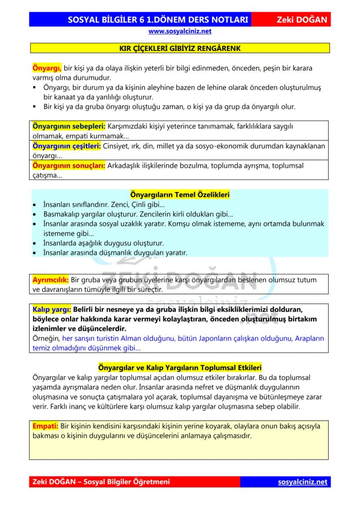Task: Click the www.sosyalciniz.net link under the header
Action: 180,31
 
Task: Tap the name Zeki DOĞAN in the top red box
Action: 301,20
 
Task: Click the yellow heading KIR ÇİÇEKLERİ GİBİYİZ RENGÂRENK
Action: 180,48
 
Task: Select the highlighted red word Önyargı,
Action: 47,68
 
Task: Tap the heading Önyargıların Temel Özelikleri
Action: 180,195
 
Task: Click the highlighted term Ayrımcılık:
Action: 51,279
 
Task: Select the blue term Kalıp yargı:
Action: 52,309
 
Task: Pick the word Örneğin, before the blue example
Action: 47,339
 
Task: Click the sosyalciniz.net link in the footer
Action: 302,482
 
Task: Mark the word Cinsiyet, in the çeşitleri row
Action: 117,146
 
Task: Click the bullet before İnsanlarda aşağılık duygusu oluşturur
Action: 35,243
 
